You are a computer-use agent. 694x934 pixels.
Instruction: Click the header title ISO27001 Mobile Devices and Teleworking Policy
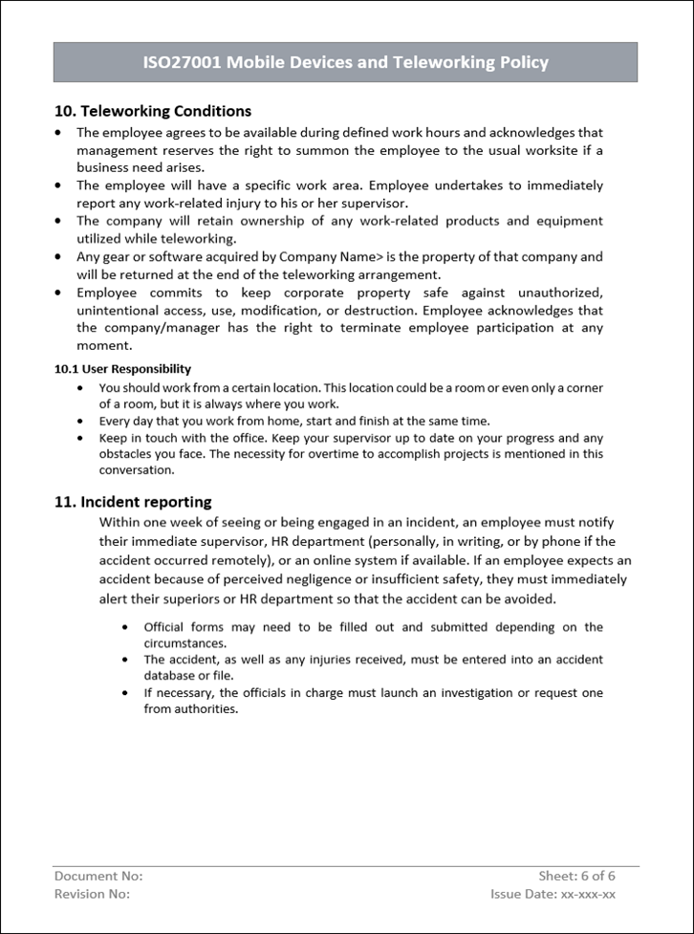coord(345,63)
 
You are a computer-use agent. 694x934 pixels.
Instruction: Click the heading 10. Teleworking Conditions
coord(153,111)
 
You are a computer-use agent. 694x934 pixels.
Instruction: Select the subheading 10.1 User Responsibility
coord(122,369)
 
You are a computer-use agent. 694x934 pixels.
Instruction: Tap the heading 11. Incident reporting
coord(133,502)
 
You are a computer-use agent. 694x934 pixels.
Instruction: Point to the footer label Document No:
coord(98,876)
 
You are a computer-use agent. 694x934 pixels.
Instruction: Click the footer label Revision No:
coord(92,894)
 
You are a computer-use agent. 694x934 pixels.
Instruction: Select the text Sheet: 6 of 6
coord(576,876)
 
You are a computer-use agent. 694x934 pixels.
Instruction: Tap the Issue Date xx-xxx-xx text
coord(553,894)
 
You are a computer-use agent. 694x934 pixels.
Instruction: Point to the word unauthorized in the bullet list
coord(556,293)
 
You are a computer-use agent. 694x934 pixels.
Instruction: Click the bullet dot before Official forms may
coord(125,628)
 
